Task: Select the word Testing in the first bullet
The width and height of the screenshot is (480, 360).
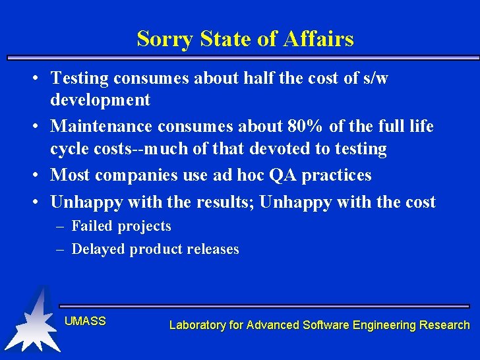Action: point(79,78)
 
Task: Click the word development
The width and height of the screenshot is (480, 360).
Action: point(100,100)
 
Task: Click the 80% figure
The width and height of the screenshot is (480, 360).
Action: point(306,125)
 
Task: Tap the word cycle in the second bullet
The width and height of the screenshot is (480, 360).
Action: point(69,149)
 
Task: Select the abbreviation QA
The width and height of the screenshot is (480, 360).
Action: point(283,175)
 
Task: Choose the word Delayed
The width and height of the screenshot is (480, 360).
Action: point(98,249)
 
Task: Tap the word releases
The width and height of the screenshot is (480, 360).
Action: point(212,249)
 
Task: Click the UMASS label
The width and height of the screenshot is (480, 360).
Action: point(85,322)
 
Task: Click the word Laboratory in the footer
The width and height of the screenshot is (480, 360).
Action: point(196,325)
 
